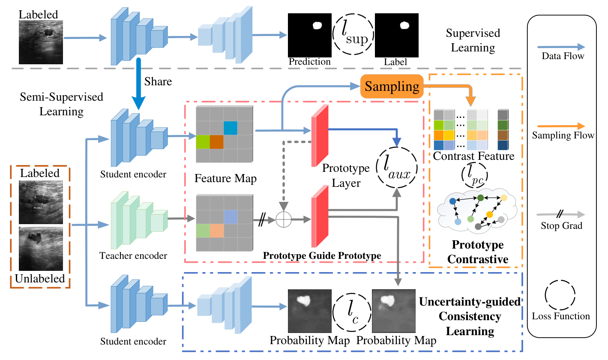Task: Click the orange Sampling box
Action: point(392,86)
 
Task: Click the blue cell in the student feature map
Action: point(231,128)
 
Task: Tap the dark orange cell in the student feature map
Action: point(217,142)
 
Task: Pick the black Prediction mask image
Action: point(309,35)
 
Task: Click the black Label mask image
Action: point(396,35)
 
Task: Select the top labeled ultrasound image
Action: point(41,42)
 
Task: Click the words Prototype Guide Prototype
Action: point(322,256)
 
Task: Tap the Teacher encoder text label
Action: point(133,256)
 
